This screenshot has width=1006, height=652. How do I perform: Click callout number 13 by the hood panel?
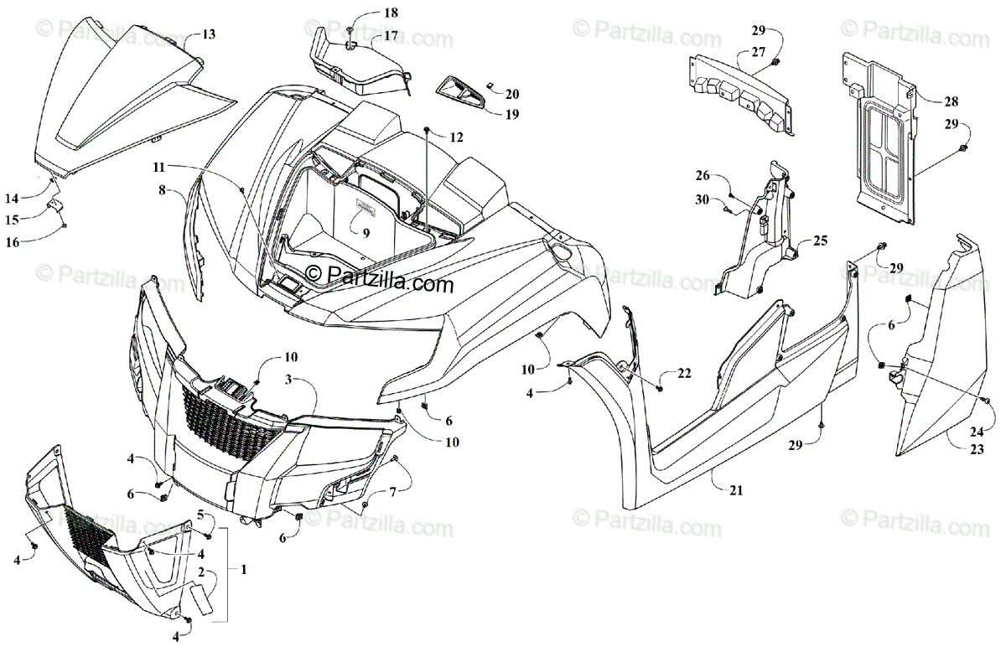[x=208, y=34]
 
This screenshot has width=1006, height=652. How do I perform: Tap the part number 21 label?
[x=735, y=490]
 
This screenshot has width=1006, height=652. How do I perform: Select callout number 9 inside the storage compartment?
[x=366, y=234]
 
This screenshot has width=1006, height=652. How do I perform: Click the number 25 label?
[x=819, y=241]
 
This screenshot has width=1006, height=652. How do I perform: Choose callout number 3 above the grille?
[x=288, y=380]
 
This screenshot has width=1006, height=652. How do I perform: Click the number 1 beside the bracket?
[x=243, y=569]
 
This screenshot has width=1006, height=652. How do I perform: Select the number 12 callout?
[x=455, y=137]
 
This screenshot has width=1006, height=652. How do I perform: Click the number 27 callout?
[x=759, y=51]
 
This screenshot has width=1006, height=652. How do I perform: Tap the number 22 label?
[x=685, y=374]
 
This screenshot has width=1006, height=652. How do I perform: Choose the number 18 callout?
[x=392, y=13]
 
